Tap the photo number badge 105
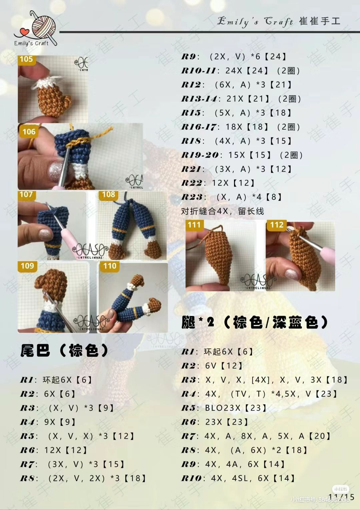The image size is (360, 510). click(x=26, y=59)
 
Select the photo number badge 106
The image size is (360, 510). click(x=29, y=132)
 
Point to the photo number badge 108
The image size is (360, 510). click(x=108, y=195)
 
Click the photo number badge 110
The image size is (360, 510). click(x=110, y=266)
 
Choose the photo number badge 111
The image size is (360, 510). click(x=194, y=225)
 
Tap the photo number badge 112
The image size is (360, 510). click(x=277, y=225)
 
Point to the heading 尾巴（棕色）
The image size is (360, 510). click(x=64, y=350)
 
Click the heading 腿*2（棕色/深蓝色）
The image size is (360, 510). click(x=255, y=322)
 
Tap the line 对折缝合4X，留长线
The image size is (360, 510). click(x=222, y=211)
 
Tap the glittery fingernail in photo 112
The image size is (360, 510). click(x=291, y=274)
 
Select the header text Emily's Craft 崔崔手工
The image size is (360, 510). click(x=279, y=21)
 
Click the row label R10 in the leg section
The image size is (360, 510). click(x=193, y=479)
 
